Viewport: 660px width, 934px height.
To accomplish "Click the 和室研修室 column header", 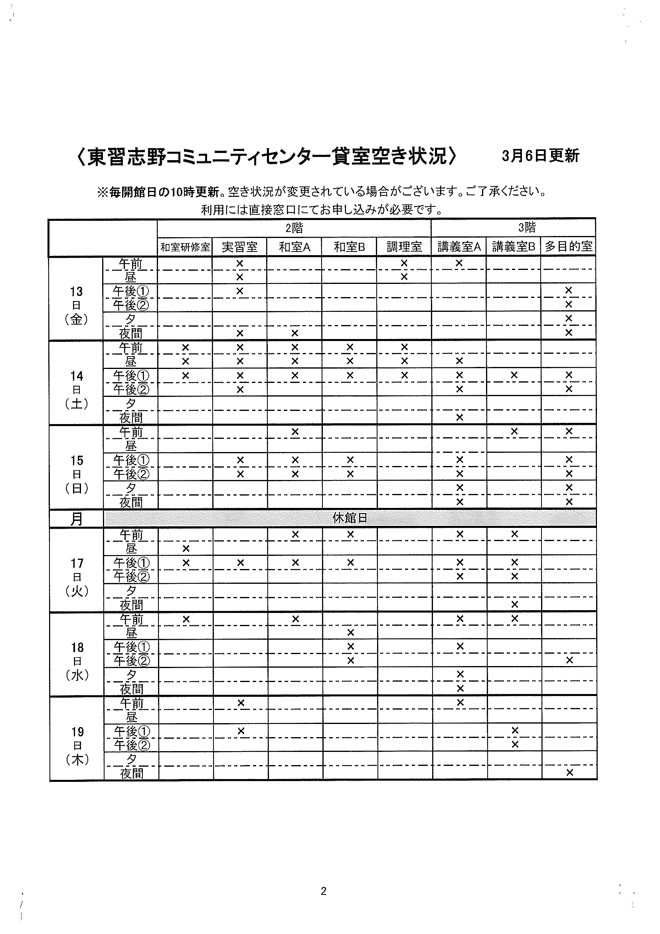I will [x=185, y=247].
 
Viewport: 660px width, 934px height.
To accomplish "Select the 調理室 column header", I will [x=404, y=247].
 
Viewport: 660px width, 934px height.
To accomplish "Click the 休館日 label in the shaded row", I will [x=350, y=518].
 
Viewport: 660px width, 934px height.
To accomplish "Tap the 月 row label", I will [x=77, y=520].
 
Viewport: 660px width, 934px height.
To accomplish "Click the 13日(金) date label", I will [x=76, y=306].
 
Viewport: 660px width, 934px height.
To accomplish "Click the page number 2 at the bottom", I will [x=324, y=892].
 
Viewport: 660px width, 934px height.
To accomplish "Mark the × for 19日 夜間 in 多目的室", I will [x=569, y=773].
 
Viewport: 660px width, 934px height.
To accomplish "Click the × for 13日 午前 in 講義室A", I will [x=459, y=263].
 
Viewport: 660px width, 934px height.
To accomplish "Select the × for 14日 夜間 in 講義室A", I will [x=460, y=417].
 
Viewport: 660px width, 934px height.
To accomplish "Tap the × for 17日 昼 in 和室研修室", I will [x=186, y=549].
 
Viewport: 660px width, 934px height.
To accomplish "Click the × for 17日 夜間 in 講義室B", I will [x=514, y=605].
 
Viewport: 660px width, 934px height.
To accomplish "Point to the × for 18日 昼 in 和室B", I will [x=350, y=633].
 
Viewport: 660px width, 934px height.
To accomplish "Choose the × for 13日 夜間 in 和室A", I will [x=295, y=333].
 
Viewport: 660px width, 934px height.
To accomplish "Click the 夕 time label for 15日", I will [x=131, y=488].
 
